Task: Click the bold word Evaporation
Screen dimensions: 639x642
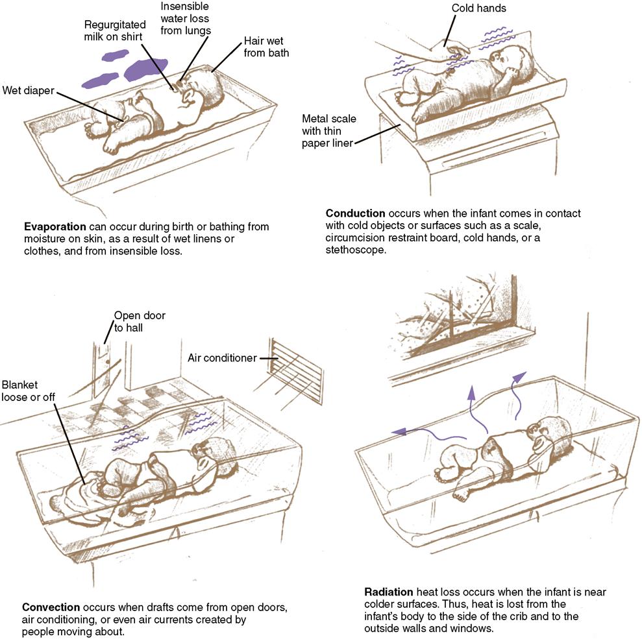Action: (55, 227)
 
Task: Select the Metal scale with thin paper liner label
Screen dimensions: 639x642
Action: (327, 130)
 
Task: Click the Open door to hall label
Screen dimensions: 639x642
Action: (140, 322)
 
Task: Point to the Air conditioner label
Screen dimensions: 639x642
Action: (222, 357)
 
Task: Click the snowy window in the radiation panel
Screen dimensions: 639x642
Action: (454, 311)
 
